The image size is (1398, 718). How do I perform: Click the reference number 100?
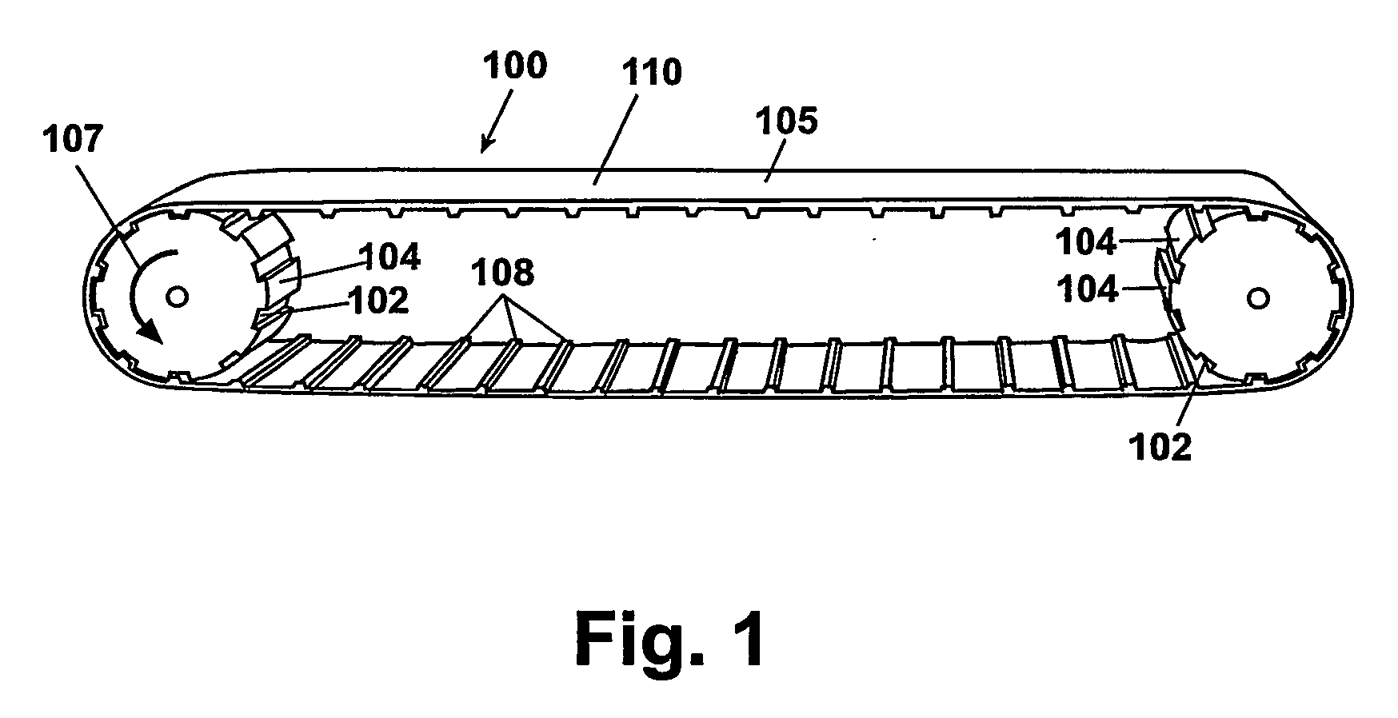(x=516, y=66)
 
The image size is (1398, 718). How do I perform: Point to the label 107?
(x=73, y=141)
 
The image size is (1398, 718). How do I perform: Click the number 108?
(x=502, y=273)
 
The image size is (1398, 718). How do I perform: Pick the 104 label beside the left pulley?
(x=389, y=257)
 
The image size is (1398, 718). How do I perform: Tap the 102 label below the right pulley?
(x=1160, y=447)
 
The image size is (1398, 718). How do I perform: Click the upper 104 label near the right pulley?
(x=1085, y=241)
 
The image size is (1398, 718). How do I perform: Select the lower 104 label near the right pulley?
(x=1087, y=289)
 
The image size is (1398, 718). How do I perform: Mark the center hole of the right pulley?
(x=1256, y=299)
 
